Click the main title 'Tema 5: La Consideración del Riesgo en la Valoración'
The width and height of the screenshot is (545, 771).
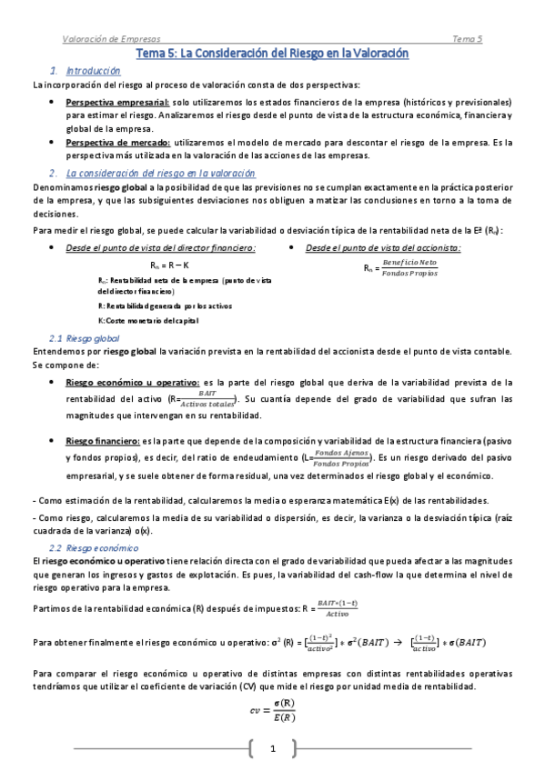[x=272, y=55]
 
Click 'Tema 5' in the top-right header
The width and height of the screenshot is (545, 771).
[x=468, y=39]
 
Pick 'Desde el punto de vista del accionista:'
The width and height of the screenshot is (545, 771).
[x=383, y=247]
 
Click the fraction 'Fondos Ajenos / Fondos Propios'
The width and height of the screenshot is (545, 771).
[x=342, y=457]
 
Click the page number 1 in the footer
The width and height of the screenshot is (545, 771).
[x=271, y=748]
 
